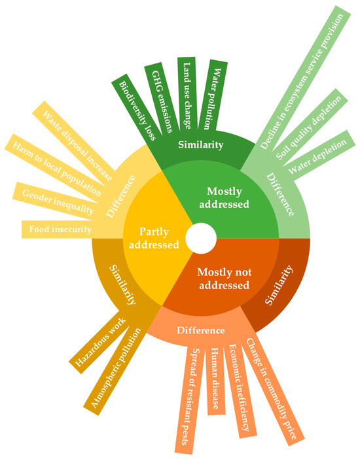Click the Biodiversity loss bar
pyautogui.click(x=137, y=108)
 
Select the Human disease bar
pyautogui.click(x=213, y=379)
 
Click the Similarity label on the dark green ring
pyautogui.click(x=201, y=144)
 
